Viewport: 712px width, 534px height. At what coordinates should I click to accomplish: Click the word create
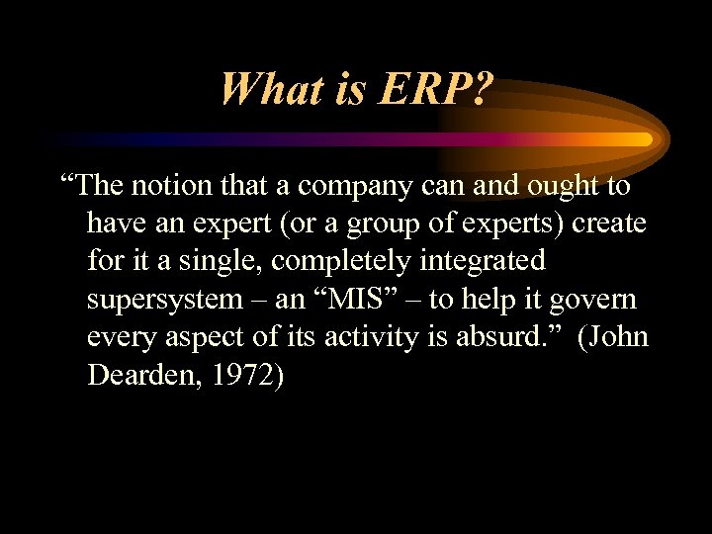pos(607,223)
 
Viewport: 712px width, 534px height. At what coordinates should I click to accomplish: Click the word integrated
pos(490,261)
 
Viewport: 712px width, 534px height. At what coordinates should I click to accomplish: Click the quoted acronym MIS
pos(360,300)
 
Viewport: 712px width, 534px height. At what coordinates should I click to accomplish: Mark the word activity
pos(389,337)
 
